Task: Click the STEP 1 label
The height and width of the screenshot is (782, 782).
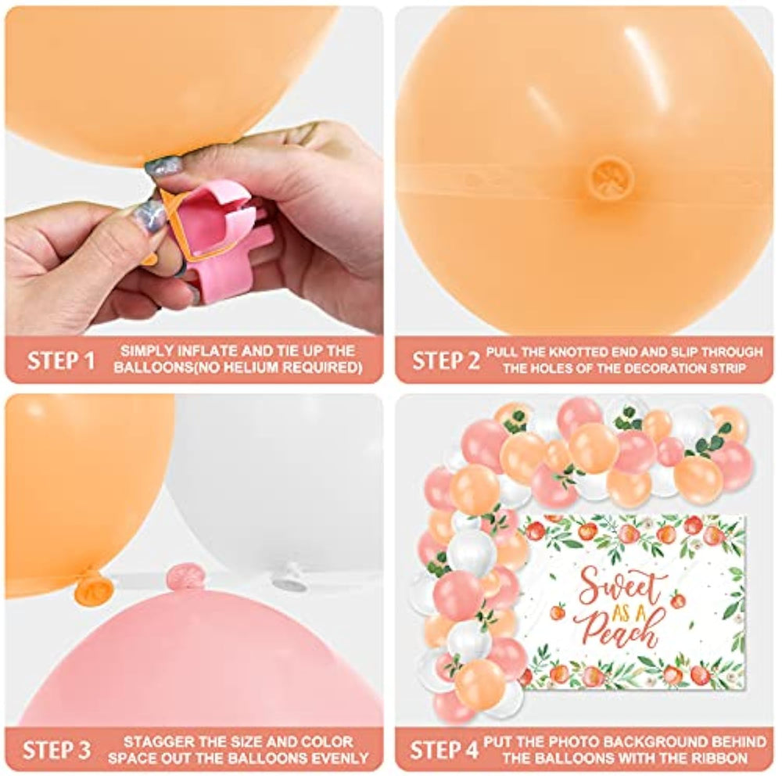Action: click(61, 360)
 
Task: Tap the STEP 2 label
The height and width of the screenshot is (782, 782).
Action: click(446, 360)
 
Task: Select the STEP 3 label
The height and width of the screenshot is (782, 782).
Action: click(57, 750)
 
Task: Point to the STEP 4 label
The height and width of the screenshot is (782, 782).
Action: click(444, 750)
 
